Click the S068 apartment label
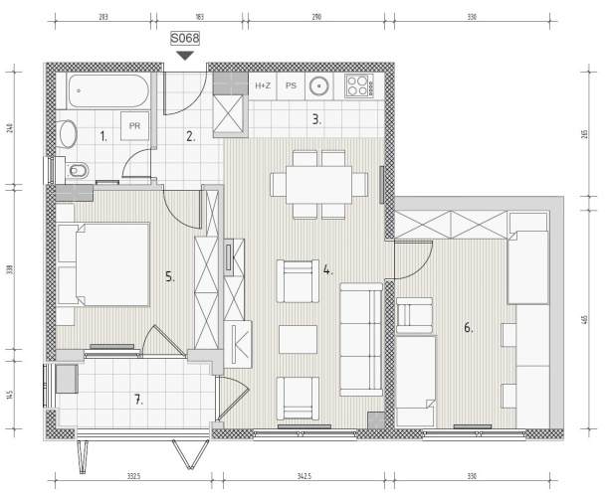click(x=185, y=38)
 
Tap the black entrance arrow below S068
click(x=185, y=56)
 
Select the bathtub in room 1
click(x=107, y=90)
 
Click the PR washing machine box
click(x=134, y=126)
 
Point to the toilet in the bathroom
click(x=77, y=170)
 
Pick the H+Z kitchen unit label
click(x=263, y=85)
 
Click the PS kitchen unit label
click(x=291, y=85)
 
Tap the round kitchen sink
click(x=319, y=85)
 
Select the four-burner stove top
click(x=358, y=85)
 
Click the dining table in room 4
click(x=319, y=185)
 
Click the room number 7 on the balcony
click(x=138, y=400)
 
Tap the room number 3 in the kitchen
click(x=316, y=119)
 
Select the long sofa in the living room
click(x=361, y=339)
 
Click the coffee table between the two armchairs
click(x=298, y=340)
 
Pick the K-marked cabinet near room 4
click(x=238, y=345)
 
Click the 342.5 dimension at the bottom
click(x=305, y=475)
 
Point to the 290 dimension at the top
click(x=316, y=17)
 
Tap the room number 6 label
click(x=469, y=328)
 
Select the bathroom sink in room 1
click(x=67, y=133)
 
